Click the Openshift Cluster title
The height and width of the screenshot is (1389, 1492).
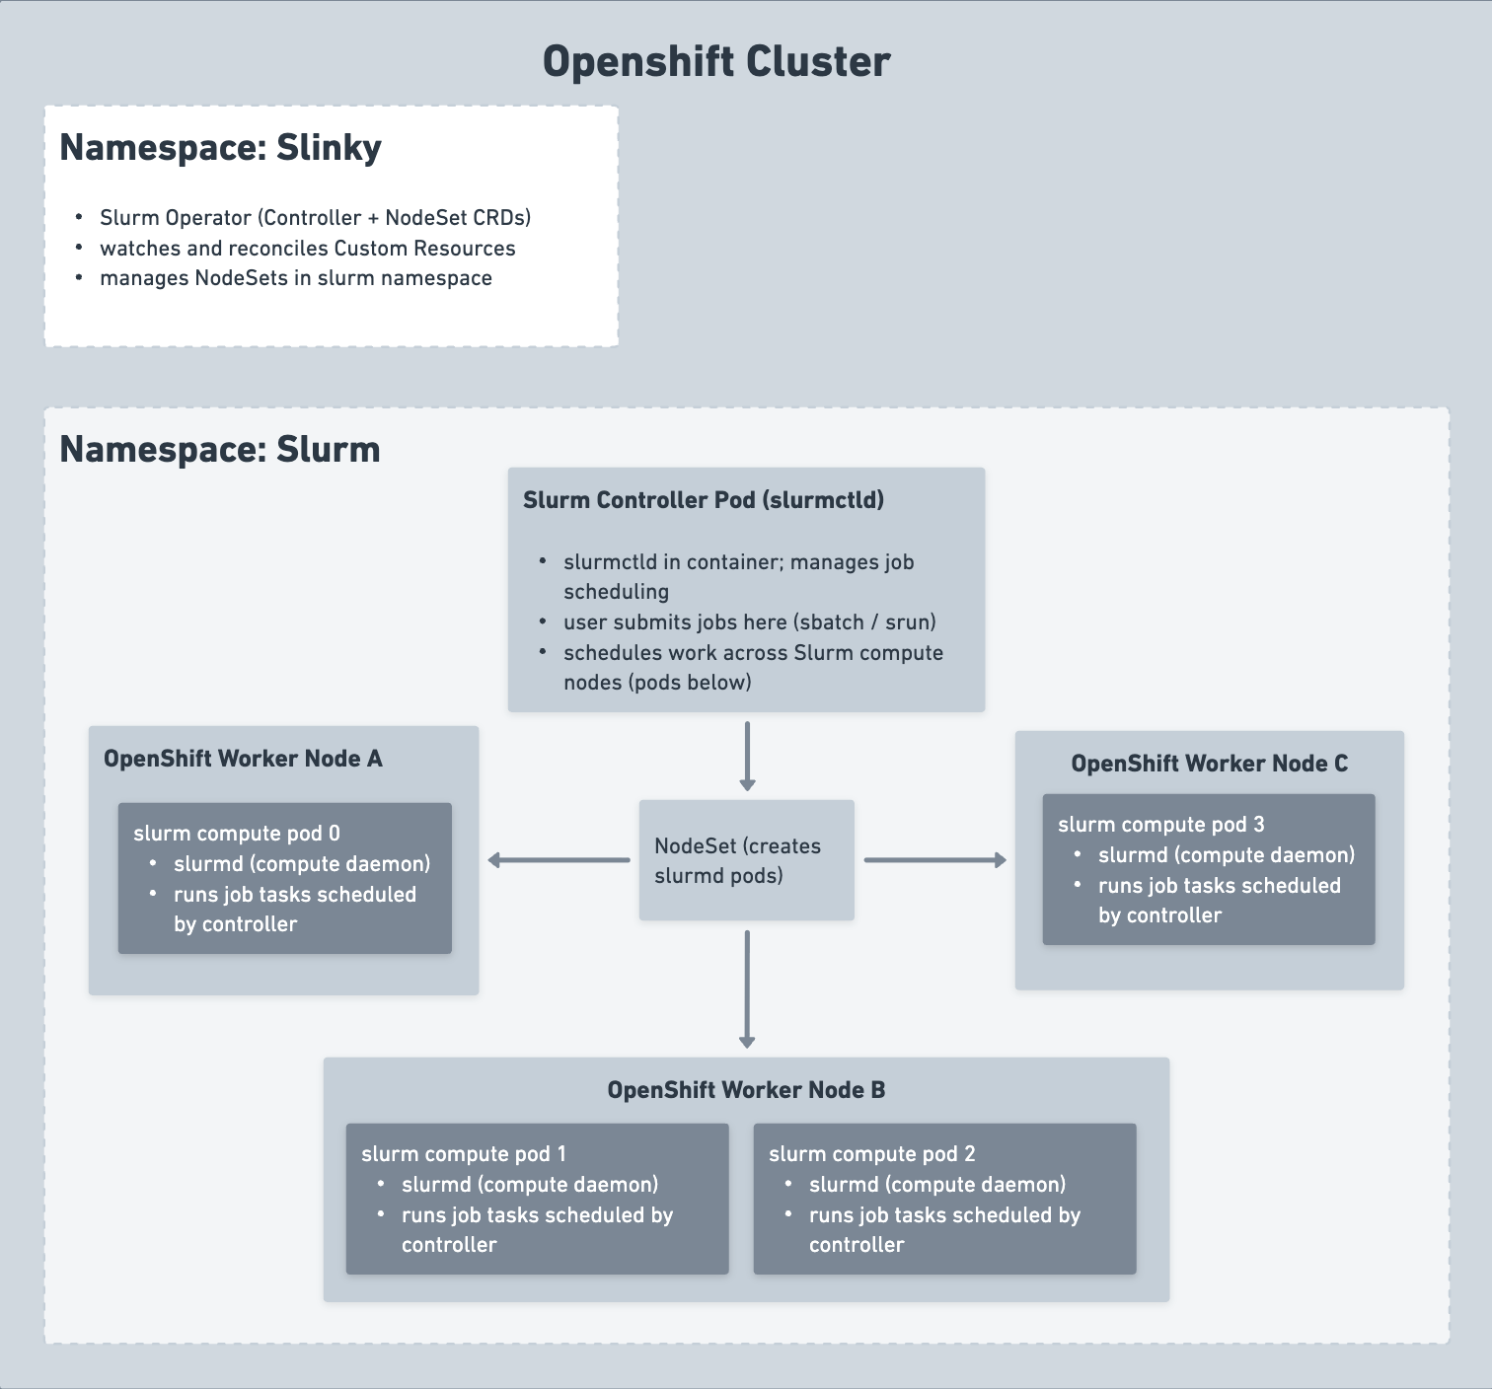pos(716,61)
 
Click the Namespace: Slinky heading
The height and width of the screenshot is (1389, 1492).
pos(220,148)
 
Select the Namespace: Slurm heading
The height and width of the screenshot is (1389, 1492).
pos(219,450)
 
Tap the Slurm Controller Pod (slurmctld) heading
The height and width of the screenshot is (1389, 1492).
pos(703,500)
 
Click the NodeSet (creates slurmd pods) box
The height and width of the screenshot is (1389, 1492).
pos(746,860)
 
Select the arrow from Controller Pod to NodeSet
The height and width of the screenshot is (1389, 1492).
pos(747,756)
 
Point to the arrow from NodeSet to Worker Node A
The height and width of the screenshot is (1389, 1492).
pos(559,860)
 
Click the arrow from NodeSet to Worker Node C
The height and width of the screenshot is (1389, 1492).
pos(934,860)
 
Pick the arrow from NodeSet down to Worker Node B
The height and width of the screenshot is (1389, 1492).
pos(747,988)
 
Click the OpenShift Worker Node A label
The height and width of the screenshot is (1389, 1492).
pos(243,759)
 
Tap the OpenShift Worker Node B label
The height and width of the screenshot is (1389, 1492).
pos(746,1090)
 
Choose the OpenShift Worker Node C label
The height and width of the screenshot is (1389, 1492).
pos(1209,764)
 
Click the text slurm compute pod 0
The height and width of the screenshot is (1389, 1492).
pos(237,834)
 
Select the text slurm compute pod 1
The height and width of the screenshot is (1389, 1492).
pos(464,1154)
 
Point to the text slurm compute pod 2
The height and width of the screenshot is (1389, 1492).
pos(871,1154)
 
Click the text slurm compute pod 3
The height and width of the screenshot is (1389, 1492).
pos(1160,825)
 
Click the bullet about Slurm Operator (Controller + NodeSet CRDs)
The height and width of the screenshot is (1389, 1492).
pos(315,218)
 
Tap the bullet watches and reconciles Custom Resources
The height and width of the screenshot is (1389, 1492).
pos(307,249)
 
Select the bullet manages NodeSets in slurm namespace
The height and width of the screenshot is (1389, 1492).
pos(295,278)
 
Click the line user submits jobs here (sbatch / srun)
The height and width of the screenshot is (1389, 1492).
pos(749,622)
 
